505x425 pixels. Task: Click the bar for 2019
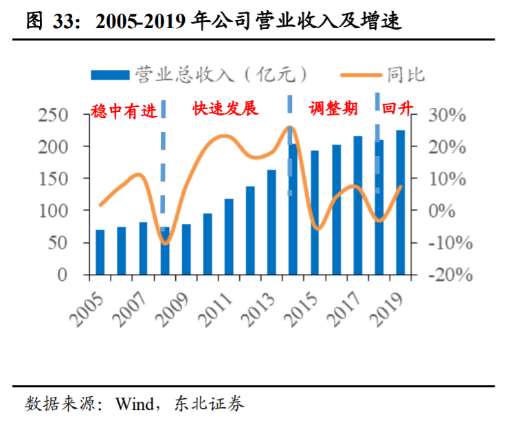tap(400, 203)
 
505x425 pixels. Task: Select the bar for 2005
tap(100, 252)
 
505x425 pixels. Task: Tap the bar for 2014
tap(293, 209)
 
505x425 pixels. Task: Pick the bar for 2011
tap(229, 237)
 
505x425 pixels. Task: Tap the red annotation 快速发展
tap(225, 109)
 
